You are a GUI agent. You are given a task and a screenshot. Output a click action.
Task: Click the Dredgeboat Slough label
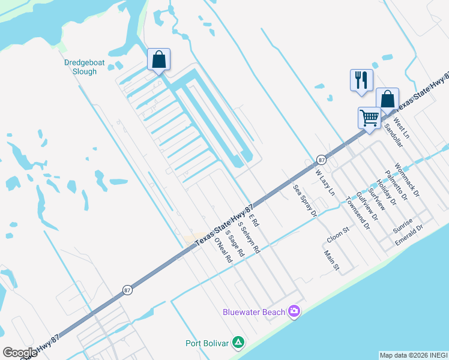(x=80, y=67)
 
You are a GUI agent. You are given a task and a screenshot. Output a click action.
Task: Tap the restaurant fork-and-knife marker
(x=361, y=80)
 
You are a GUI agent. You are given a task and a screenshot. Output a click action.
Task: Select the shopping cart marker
(x=369, y=117)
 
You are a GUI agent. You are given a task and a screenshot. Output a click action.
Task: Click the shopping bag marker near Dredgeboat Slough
(x=158, y=60)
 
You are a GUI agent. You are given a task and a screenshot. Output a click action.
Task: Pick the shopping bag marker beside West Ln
(x=387, y=100)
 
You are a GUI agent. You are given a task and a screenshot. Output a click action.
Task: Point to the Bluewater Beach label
(x=254, y=312)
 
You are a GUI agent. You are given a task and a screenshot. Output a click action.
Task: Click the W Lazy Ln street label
(x=325, y=182)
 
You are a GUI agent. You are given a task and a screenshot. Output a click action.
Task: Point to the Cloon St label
(x=338, y=234)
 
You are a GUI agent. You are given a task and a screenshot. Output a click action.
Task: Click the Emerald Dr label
(x=409, y=235)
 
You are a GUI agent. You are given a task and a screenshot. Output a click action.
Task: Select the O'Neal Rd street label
(x=223, y=251)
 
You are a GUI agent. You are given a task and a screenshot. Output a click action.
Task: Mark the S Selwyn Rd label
(x=249, y=237)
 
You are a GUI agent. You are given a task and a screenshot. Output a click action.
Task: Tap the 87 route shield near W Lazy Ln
(x=322, y=160)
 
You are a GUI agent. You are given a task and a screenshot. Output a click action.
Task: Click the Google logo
(x=20, y=353)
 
